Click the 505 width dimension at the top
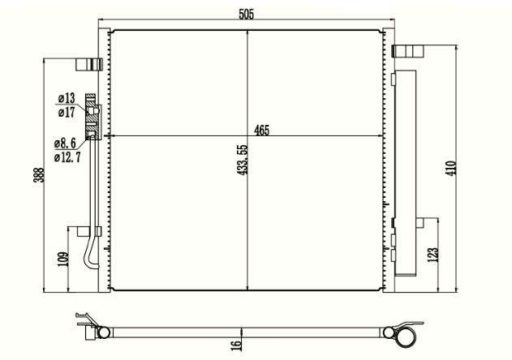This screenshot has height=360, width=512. [x=246, y=15]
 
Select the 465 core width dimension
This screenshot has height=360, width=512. [x=262, y=131]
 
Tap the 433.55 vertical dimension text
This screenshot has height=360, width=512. [x=243, y=160]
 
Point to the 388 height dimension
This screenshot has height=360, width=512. [x=39, y=175]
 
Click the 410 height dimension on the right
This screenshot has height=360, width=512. [x=451, y=168]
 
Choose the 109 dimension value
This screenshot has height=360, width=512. [x=63, y=259]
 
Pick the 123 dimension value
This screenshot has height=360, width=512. [x=432, y=255]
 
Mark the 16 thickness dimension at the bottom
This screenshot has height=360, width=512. [x=237, y=345]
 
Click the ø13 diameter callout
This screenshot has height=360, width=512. [x=67, y=98]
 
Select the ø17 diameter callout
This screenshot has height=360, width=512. [x=67, y=112]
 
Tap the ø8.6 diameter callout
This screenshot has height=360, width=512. [x=65, y=143]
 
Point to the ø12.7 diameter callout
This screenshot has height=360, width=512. [x=67, y=157]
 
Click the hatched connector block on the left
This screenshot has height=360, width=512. [x=91, y=117]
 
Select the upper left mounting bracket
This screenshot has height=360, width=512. [x=89, y=64]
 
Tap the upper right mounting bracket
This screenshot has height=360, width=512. [x=407, y=51]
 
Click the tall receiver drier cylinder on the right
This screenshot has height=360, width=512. [x=405, y=173]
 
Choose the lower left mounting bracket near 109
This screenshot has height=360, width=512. [x=84, y=231]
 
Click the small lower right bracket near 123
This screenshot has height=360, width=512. [x=420, y=223]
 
